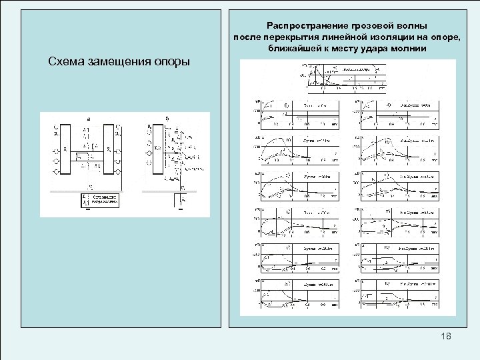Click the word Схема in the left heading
click(65, 62)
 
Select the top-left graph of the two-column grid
click(295, 114)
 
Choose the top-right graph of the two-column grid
click(397, 114)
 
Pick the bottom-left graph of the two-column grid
click(295, 293)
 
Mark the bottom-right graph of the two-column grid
click(397, 293)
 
